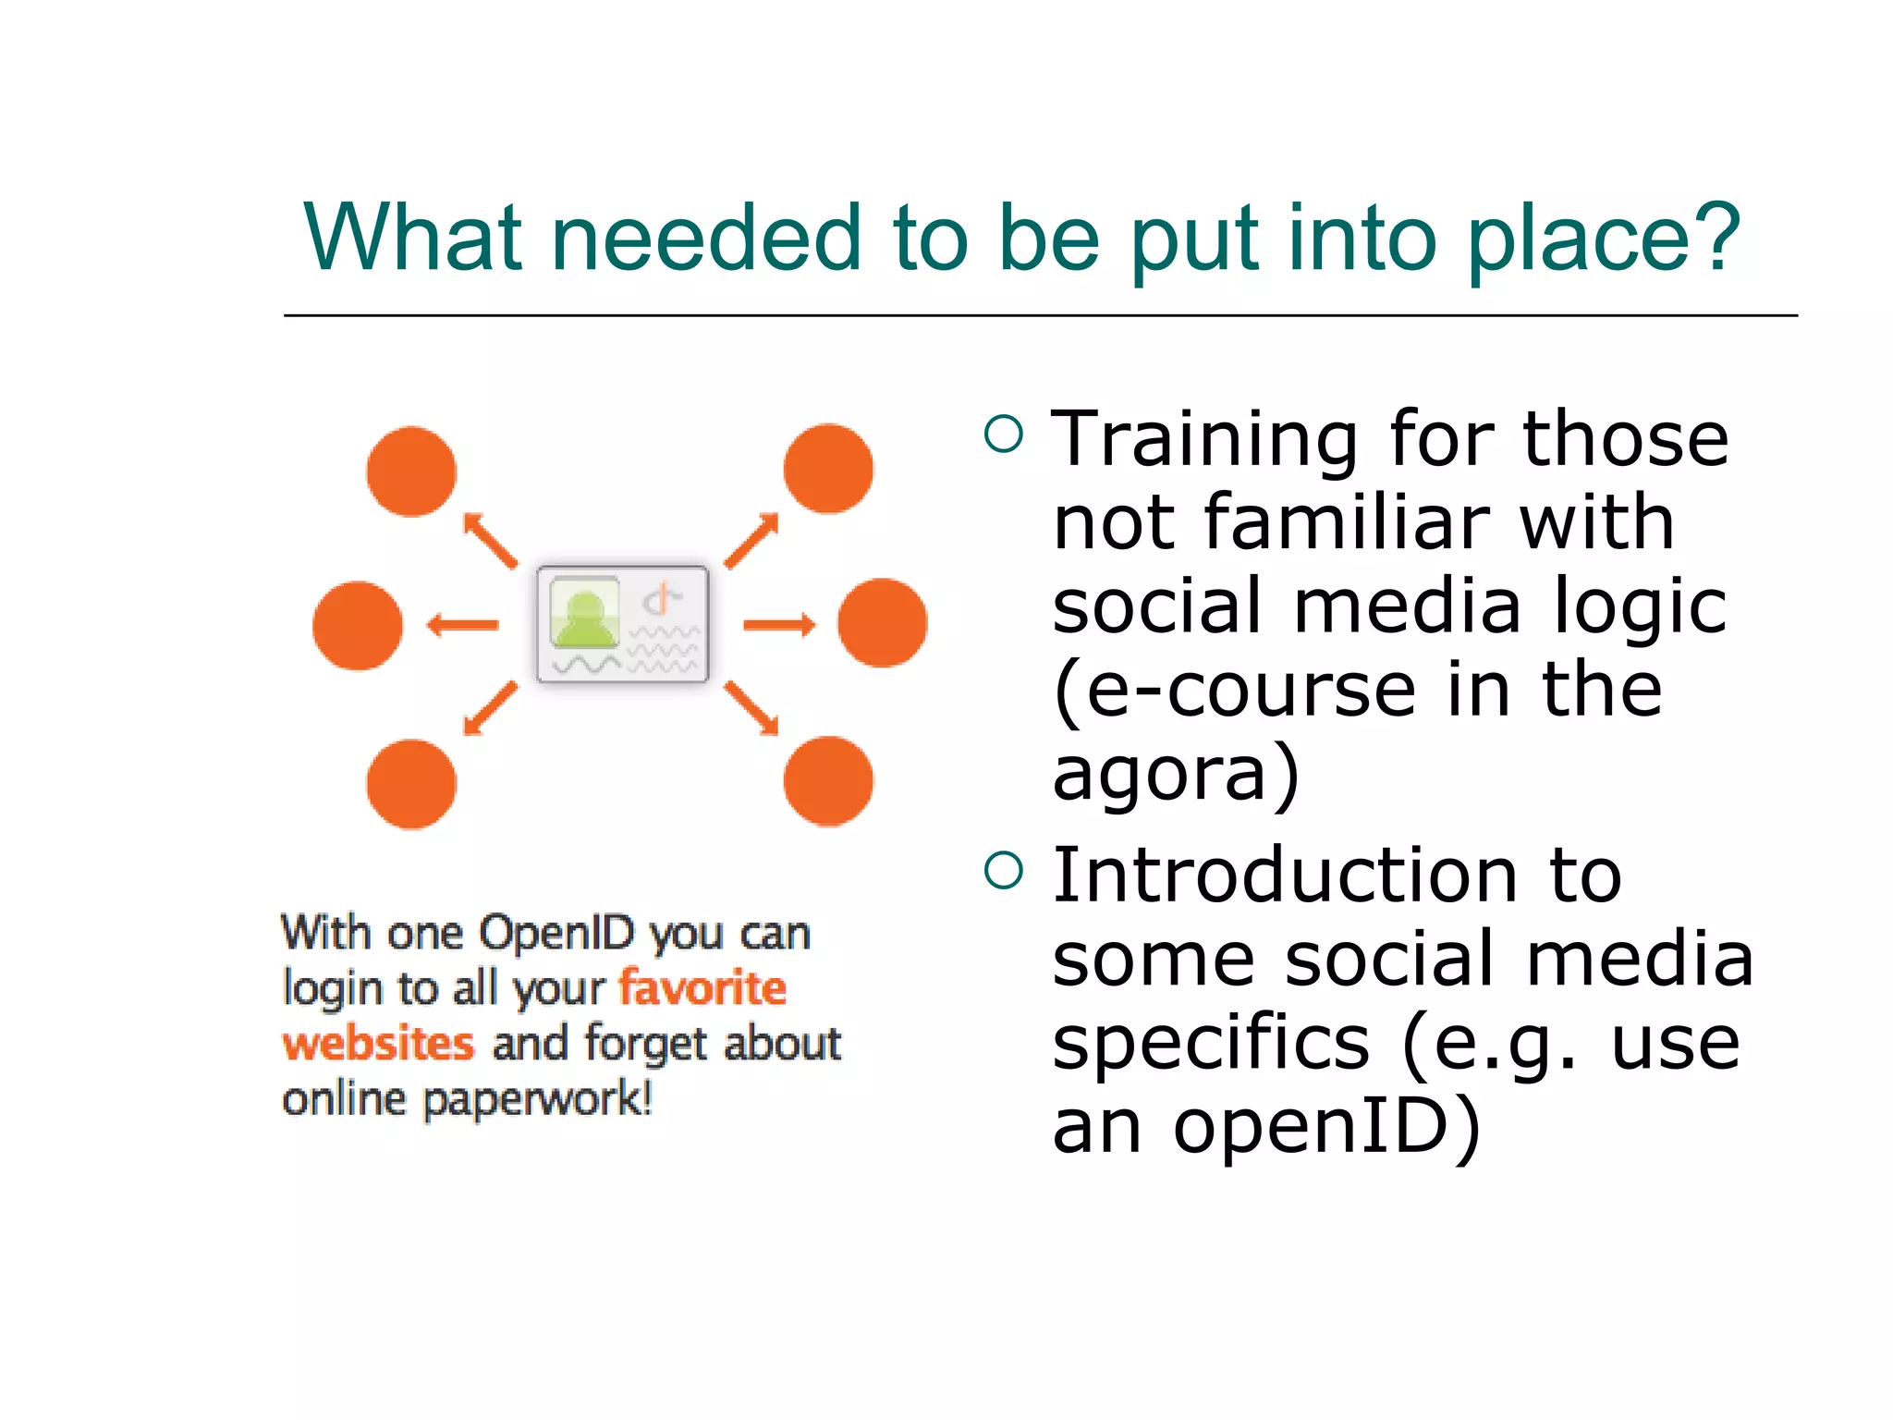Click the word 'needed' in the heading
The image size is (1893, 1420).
(706, 239)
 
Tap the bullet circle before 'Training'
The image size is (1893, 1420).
(1004, 434)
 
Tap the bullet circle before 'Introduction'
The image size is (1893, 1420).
(1004, 870)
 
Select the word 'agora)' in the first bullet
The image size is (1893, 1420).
(1176, 775)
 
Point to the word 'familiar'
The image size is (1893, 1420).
(1346, 522)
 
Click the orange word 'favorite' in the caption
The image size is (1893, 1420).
(702, 987)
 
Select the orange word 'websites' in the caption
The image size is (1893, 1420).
(378, 1044)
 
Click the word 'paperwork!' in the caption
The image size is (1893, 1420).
(537, 1100)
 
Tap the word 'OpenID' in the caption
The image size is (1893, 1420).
(556, 932)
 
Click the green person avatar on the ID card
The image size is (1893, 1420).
(584, 614)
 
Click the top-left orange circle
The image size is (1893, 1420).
(411, 471)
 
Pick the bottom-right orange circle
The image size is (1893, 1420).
(828, 781)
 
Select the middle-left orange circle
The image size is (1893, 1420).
(358, 626)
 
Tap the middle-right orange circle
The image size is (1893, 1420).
(882, 623)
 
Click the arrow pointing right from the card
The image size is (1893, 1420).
(778, 626)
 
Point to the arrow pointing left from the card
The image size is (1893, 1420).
(462, 626)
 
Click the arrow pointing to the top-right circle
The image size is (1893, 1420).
(751, 540)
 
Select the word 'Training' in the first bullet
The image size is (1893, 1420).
(1204, 439)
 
